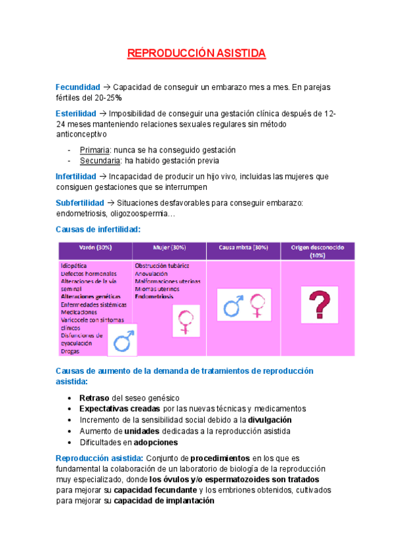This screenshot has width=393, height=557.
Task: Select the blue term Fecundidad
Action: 77,87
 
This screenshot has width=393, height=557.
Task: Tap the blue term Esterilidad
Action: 76,114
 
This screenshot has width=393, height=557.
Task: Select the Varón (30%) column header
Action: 94,248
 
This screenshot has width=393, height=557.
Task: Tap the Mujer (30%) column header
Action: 169,248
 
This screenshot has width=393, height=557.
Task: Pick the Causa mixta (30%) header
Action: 243,248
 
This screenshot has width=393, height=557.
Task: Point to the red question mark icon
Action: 318,304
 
